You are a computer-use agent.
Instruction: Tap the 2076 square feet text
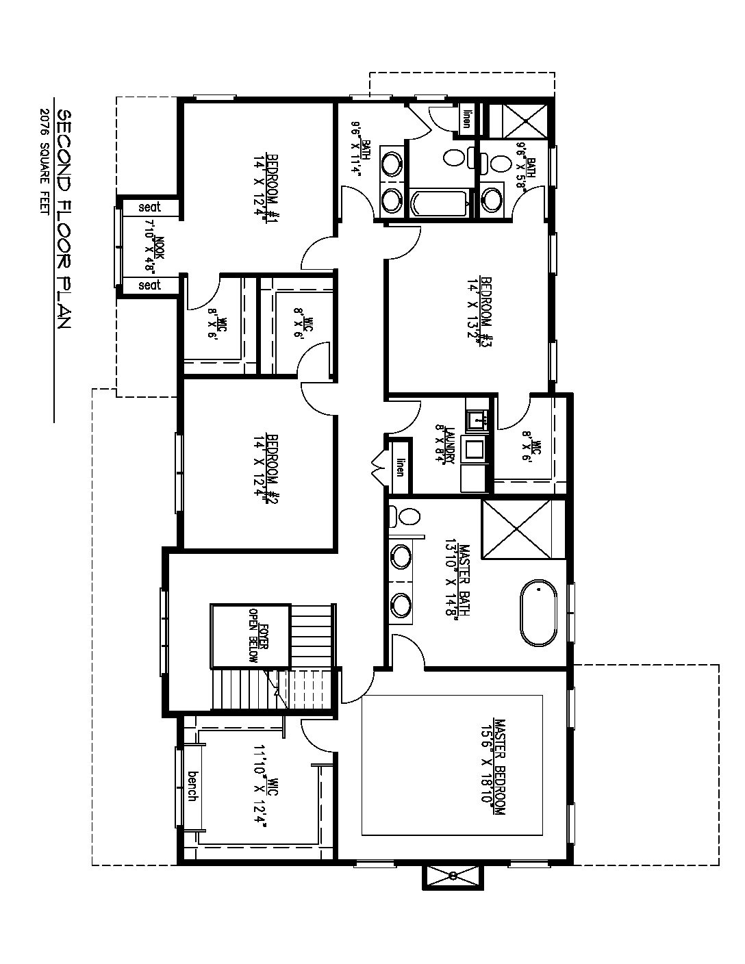click(x=45, y=162)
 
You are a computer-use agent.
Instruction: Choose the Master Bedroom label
click(x=493, y=766)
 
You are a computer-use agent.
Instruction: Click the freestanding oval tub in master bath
click(x=539, y=613)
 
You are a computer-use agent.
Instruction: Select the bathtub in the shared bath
click(x=440, y=203)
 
